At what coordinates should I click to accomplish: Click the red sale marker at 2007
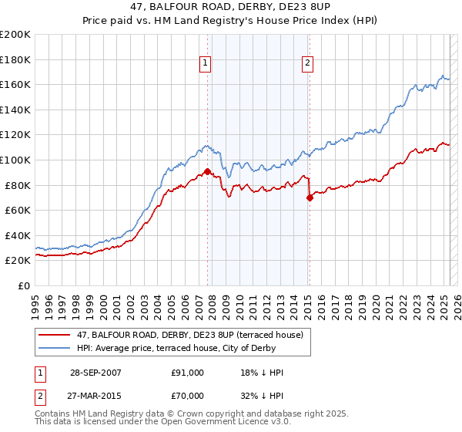pos(208,171)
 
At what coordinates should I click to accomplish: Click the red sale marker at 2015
pos(310,197)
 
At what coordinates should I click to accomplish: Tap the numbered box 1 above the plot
pos(207,64)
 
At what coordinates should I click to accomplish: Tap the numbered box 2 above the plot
pos(308,64)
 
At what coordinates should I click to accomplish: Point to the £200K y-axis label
pos(15,35)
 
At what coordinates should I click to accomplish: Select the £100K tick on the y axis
pos(15,160)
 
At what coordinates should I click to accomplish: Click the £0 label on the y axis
pos(24,285)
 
